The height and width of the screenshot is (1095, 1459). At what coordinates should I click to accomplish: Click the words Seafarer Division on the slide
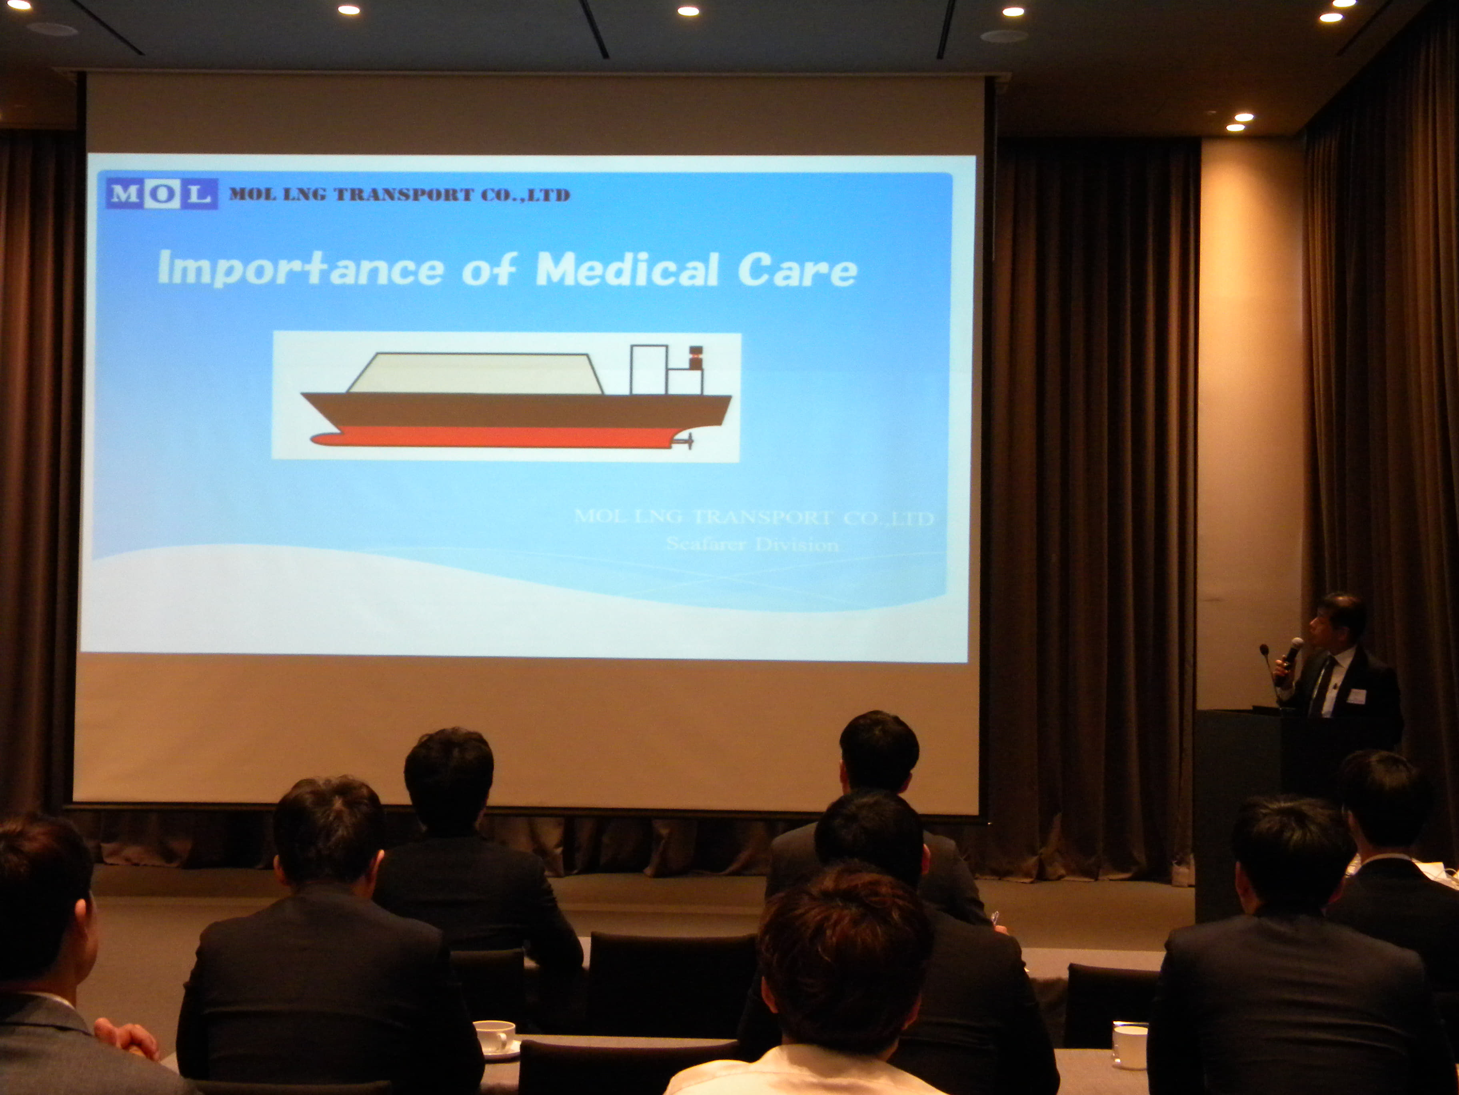752,545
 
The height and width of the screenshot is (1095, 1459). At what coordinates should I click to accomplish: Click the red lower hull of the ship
492,437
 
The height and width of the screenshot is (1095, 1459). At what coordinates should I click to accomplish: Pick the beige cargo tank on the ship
475,373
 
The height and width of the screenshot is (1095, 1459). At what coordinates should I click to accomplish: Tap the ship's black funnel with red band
695,357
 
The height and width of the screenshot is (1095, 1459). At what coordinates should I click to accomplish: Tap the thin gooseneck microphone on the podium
1270,673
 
